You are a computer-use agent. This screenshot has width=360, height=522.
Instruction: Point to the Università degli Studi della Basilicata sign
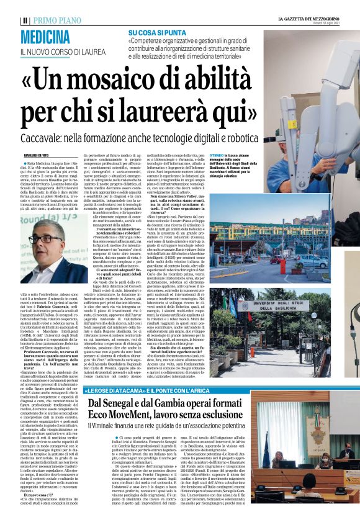coord(303,307)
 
